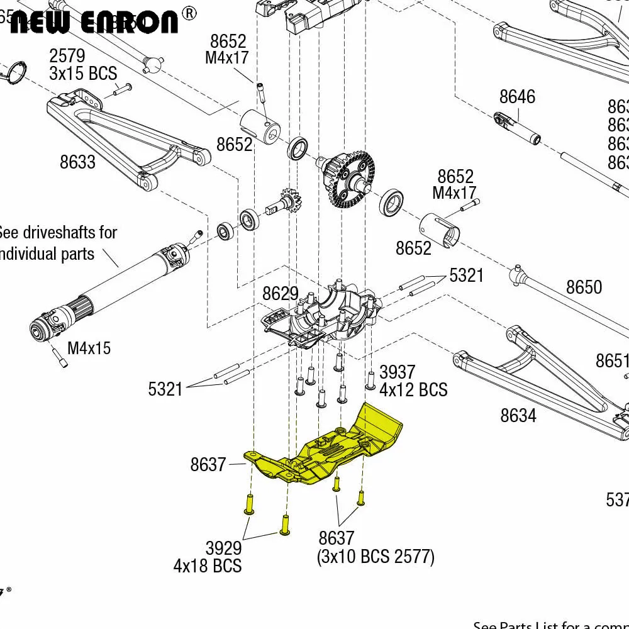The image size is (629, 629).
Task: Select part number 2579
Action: click(x=67, y=56)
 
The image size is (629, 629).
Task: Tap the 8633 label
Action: click(x=77, y=162)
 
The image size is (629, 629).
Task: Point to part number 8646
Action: click(x=517, y=96)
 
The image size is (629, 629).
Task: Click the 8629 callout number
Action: click(x=281, y=293)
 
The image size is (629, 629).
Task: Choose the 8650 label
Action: click(x=584, y=287)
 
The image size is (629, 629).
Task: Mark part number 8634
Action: click(x=518, y=415)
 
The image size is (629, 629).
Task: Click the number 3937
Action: click(x=397, y=372)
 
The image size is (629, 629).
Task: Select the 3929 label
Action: click(x=223, y=548)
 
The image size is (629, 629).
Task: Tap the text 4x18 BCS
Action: click(x=208, y=566)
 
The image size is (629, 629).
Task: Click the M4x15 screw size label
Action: click(x=89, y=348)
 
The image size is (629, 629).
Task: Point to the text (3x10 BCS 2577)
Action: click(x=376, y=557)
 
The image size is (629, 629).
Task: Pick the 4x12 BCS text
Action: click(x=413, y=390)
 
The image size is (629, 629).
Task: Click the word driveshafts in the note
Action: click(x=69, y=232)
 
